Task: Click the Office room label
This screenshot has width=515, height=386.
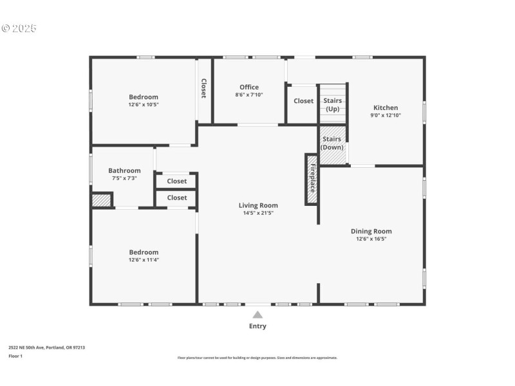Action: (x=249, y=87)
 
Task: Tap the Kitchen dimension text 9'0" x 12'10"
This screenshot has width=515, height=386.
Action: (x=384, y=116)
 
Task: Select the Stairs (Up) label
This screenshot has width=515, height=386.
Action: (x=332, y=105)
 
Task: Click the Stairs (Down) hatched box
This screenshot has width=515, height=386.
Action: (x=333, y=143)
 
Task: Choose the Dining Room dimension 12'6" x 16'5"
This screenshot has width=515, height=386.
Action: (x=371, y=239)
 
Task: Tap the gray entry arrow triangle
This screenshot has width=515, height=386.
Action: (x=257, y=315)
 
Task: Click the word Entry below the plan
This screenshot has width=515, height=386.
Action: (x=257, y=326)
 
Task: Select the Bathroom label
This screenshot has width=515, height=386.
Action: (x=124, y=170)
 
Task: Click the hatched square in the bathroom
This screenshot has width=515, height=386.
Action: (x=102, y=201)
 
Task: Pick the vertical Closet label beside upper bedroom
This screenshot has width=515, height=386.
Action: (x=204, y=88)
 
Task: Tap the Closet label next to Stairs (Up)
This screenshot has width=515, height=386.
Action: (x=304, y=101)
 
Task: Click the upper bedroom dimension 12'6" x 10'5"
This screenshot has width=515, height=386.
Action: (x=143, y=104)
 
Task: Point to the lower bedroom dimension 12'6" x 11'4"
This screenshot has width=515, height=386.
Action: (x=143, y=260)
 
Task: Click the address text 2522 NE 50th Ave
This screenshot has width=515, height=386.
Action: (x=46, y=347)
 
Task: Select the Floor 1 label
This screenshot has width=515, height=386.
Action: (x=15, y=356)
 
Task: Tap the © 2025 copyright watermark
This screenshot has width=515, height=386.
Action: (x=19, y=28)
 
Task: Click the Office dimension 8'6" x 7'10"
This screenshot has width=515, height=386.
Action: (x=249, y=95)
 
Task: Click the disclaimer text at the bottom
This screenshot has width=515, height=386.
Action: (x=257, y=358)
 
